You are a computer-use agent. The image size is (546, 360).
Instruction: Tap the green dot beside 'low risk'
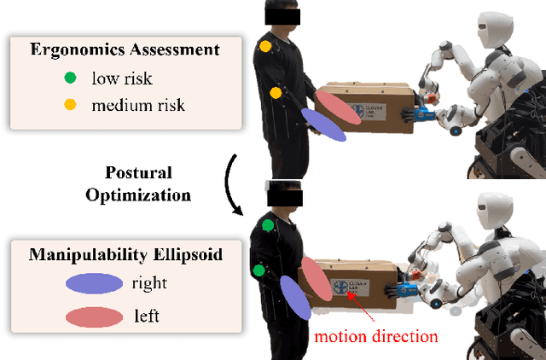pyautogui.click(x=69, y=78)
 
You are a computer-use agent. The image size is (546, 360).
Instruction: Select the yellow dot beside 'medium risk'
pyautogui.click(x=69, y=106)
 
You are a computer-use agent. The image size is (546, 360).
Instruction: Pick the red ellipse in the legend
pyautogui.click(x=97, y=316)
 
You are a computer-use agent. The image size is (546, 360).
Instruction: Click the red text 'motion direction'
pyautogui.click(x=376, y=335)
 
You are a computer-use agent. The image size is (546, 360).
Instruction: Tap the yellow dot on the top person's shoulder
pyautogui.click(x=266, y=46)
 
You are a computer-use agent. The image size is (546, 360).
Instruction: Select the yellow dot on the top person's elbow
pyautogui.click(x=276, y=93)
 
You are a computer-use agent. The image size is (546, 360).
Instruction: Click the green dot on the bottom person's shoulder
pyautogui.click(x=268, y=225)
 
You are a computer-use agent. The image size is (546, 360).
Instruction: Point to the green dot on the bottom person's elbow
pyautogui.click(x=258, y=270)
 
